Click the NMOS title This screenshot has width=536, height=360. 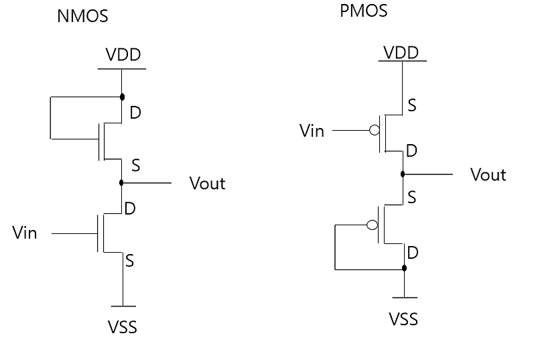point(83,17)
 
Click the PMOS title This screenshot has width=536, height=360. point(364,11)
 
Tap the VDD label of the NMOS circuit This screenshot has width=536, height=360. point(123,54)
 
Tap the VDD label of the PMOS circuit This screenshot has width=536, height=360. point(401,52)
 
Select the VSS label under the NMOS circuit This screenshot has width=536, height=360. point(123,328)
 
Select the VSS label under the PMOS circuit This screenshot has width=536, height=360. point(403,318)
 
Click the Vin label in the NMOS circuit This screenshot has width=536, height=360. point(25,233)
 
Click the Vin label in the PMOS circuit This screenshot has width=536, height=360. point(312,130)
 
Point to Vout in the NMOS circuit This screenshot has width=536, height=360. point(208,183)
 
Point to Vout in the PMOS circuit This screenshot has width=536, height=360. point(488,175)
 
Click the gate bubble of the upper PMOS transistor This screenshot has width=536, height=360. point(375,130)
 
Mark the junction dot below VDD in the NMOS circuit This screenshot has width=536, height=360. point(121,97)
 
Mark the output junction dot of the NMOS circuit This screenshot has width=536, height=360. point(121,182)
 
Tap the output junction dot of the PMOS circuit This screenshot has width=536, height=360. point(403,174)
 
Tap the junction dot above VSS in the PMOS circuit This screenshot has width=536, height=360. point(403,269)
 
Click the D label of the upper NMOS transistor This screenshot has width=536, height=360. point(135,113)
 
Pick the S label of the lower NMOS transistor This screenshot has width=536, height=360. point(130,260)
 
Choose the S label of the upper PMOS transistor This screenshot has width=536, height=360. point(412,106)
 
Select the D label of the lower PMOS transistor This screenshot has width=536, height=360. point(413,252)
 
